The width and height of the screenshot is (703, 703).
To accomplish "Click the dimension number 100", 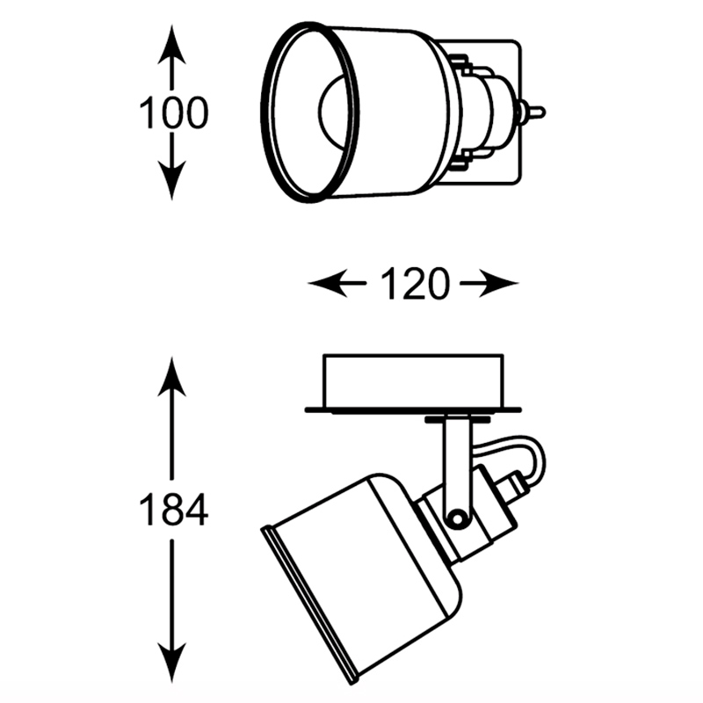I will (174, 114).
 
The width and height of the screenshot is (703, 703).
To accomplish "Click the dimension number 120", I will (414, 283).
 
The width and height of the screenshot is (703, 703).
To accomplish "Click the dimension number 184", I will (174, 510).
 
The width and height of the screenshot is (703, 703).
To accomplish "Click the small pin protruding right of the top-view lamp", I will (533, 112).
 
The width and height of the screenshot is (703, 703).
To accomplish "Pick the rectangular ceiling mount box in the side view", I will (414, 380).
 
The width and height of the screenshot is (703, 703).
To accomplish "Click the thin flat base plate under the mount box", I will (414, 409).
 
